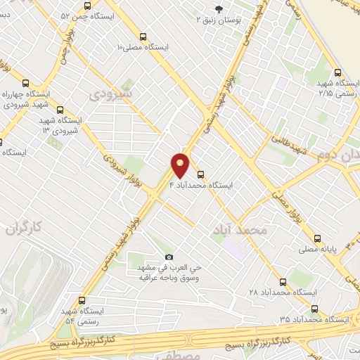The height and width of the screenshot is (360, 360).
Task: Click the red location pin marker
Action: pyautogui.click(x=181, y=165)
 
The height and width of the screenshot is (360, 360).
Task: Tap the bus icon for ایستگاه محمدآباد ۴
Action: pyautogui.click(x=201, y=173)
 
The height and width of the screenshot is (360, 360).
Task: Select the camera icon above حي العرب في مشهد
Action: pyautogui.click(x=168, y=257)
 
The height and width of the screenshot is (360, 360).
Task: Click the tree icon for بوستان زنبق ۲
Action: pyautogui.click(x=219, y=9)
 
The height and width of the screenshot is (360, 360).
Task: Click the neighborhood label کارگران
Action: pyautogui.click(x=30, y=227)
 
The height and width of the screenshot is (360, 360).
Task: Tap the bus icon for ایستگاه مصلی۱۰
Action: pyautogui.click(x=144, y=37)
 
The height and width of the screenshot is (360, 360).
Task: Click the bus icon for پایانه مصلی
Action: pyautogui.click(x=319, y=238)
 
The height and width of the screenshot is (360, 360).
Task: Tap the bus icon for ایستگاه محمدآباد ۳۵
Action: pyautogui.click(x=314, y=308)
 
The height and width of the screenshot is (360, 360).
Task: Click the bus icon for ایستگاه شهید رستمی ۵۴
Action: pyautogui.click(x=82, y=300)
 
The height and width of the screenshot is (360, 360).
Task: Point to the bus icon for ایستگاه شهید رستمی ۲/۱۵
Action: pyautogui.click(x=339, y=72)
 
